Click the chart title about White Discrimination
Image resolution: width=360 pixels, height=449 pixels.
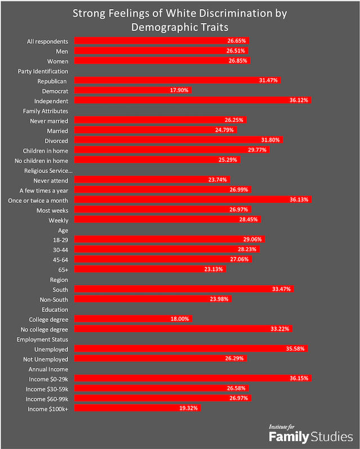tap(180, 19)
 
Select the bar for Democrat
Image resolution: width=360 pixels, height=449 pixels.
tap(133, 90)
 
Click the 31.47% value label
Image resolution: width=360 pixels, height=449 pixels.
tap(268, 80)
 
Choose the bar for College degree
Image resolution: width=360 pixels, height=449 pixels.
tap(133, 319)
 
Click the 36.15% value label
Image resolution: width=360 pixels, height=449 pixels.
tap(299, 379)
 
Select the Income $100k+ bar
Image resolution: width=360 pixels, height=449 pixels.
tap(137, 409)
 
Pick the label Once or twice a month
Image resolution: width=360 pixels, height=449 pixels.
tap(38, 199)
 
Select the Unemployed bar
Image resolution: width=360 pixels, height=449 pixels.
tap(191, 348)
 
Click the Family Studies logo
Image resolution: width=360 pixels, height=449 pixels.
tap(310, 433)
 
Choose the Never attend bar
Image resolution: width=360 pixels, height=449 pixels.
tap(144, 180)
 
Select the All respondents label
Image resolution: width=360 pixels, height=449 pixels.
tap(48, 41)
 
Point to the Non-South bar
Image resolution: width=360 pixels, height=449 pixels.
tap(152, 299)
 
